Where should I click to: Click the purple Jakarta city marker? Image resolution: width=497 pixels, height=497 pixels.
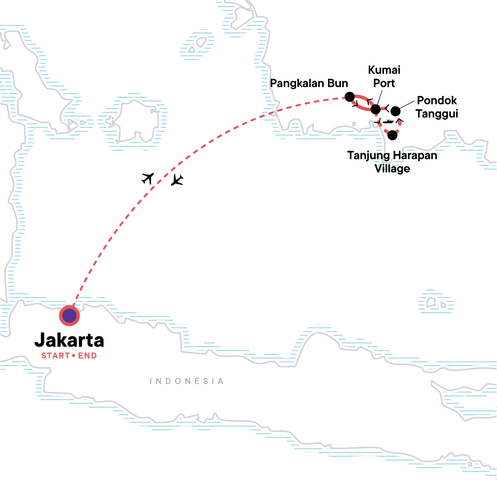[x=69, y=316]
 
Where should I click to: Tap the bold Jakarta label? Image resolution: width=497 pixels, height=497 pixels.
[x=69, y=340]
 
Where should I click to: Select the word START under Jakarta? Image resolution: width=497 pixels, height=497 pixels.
[x=55, y=356]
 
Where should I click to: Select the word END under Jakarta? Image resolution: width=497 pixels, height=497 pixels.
[x=87, y=356]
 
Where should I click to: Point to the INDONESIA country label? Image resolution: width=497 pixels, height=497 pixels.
[x=187, y=381]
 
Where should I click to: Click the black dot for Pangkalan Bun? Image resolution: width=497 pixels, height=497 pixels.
[x=350, y=97]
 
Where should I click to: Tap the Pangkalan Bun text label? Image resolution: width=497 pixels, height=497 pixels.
[x=309, y=83]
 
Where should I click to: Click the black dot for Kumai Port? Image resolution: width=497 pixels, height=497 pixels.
[x=375, y=109]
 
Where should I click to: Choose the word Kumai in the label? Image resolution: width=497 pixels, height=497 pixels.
[x=384, y=70]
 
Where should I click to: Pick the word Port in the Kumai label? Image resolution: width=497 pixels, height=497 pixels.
[x=384, y=83]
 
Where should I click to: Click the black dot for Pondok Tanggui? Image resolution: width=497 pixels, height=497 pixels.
[x=396, y=111]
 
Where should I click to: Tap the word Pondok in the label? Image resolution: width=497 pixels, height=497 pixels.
[x=437, y=101]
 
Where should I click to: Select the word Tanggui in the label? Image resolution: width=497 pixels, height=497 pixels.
[x=437, y=114]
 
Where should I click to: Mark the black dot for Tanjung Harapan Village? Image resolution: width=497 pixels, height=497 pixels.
[x=392, y=135]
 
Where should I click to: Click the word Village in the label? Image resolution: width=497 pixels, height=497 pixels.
[x=392, y=169]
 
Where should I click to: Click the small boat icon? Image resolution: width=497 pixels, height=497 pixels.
[x=388, y=122]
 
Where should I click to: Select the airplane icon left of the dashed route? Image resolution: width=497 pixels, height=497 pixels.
[x=148, y=178]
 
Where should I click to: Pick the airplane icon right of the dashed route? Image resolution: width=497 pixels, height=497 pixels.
[x=177, y=180]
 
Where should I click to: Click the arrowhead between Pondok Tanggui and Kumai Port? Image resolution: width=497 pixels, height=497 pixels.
[x=386, y=109]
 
